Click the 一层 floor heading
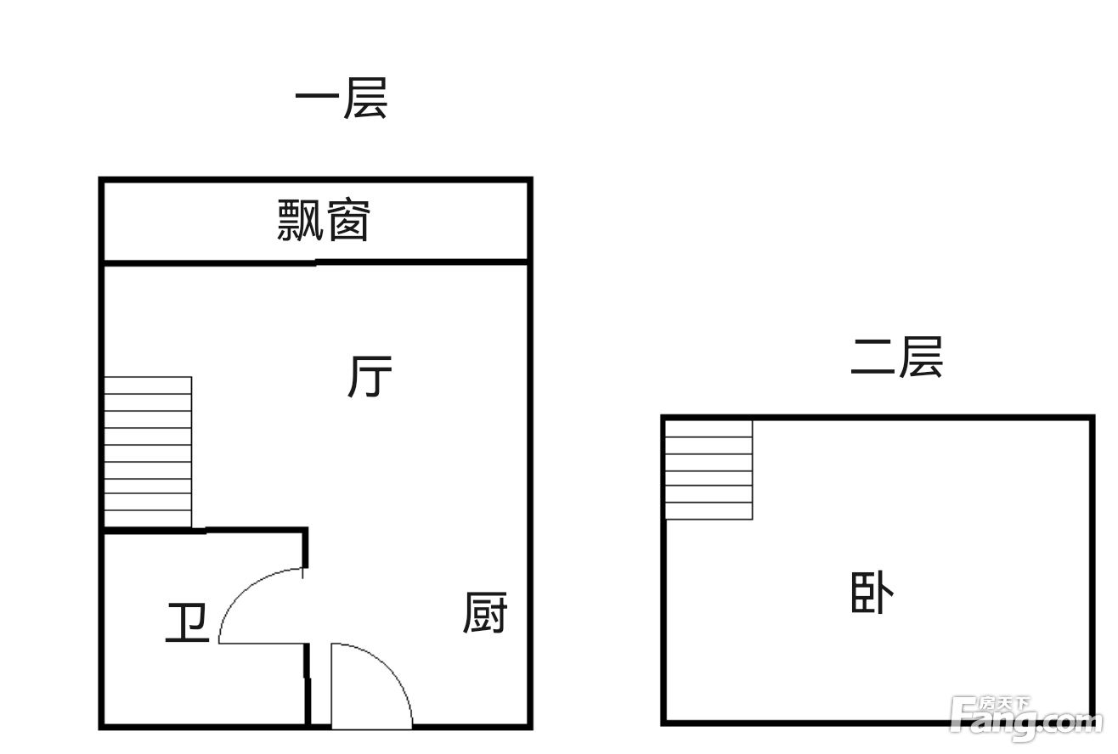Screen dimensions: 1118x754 pos(342,98)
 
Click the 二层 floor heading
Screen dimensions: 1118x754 pos(897,357)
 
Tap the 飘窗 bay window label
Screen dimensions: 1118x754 pos(324,220)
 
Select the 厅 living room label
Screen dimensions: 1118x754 pos(370,376)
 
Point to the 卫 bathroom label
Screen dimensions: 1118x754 pos(187,622)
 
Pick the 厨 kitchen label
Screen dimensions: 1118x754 pos(484,613)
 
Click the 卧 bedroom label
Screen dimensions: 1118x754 pos(872,593)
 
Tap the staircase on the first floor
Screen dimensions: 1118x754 pos(148,452)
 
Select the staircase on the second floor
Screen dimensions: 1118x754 pos(709,470)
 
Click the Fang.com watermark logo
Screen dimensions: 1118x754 pos(1025,719)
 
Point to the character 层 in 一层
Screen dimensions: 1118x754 pos(366,98)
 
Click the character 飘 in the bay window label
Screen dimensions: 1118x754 pos(300,220)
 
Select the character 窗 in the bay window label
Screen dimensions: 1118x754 pos(347,220)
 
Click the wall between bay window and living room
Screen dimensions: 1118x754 pos(315,262)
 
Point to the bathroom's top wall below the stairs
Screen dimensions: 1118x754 pos(205,531)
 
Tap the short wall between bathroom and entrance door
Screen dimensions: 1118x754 pos(308,684)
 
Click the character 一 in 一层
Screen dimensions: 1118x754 pos(317,96)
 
